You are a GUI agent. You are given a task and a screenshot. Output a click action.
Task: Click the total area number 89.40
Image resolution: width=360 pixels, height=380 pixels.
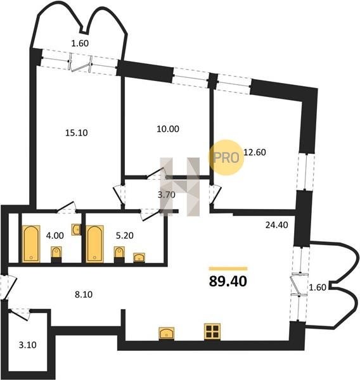coord(228,282)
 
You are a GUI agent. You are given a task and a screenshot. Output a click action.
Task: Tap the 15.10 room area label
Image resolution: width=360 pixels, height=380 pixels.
coord(77,133)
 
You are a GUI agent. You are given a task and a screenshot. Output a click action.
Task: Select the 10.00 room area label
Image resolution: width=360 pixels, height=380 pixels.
coord(168,129)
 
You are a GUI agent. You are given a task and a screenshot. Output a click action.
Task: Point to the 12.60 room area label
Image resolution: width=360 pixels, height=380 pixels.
coord(255,152)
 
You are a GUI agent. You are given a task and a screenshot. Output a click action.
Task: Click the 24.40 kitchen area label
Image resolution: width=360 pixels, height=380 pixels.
coord(277,225)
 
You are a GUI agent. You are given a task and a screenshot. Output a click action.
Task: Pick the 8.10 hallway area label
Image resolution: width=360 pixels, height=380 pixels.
coord(84,294)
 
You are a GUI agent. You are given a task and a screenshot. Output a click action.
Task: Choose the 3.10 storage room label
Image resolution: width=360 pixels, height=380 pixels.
coord(28,345)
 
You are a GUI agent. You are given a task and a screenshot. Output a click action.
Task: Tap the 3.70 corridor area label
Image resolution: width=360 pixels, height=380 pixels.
coord(167,194)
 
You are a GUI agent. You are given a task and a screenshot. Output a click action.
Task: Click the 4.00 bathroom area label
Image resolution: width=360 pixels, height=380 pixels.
coord(55,236)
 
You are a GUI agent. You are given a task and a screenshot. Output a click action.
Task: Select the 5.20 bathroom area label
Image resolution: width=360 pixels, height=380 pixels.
coord(125,236)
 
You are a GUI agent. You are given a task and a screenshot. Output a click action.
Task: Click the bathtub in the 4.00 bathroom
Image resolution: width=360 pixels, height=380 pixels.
coord(31,244)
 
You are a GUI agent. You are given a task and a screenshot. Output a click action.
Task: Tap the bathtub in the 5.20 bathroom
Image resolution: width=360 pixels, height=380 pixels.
coord(94,244)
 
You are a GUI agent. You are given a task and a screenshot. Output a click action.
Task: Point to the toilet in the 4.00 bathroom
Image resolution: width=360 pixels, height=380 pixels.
coord(56,255)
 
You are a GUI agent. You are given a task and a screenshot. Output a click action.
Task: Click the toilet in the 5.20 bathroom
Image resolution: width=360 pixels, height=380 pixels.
coord(119,255)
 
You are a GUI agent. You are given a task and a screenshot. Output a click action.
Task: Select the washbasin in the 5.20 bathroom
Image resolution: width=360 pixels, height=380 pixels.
coord(139,257)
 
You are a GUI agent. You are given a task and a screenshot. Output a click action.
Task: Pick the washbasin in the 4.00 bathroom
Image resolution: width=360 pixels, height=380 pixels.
coord(76,229)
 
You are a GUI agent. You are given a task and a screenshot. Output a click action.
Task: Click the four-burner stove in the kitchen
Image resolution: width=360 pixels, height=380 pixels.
coord(212,331)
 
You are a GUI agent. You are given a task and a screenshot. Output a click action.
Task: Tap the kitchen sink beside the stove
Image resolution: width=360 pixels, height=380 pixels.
coord(167,333)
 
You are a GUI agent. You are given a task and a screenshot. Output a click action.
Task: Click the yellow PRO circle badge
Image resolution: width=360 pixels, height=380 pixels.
coord(226,158)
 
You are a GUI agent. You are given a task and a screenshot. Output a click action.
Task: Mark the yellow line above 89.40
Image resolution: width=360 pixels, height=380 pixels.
coord(228,269)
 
